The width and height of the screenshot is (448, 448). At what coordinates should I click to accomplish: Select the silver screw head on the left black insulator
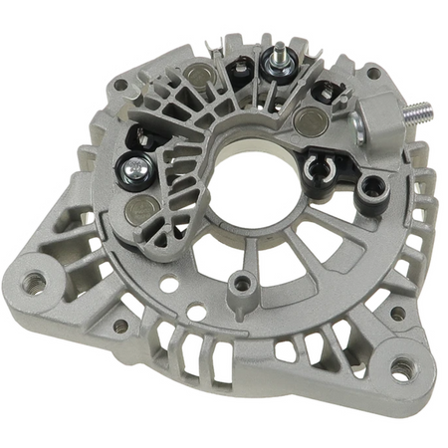[129, 169]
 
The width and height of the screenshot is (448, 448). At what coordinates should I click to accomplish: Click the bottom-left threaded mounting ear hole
[35, 282]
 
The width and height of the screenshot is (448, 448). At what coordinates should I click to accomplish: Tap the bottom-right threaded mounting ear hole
[401, 369]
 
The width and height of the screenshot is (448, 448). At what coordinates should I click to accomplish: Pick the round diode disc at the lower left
[142, 210]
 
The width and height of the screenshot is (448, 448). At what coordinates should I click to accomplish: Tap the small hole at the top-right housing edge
[372, 73]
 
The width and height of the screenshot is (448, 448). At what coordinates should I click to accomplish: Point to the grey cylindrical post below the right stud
[372, 184]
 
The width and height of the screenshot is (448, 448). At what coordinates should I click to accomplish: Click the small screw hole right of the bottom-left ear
[120, 326]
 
